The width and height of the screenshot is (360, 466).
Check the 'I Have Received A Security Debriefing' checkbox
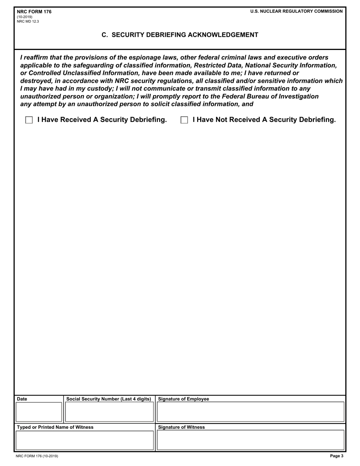click(x=29, y=120)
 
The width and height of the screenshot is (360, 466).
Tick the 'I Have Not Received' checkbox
click(x=184, y=120)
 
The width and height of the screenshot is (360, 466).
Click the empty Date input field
click(x=38, y=412)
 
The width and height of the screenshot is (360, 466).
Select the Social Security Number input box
click(x=109, y=412)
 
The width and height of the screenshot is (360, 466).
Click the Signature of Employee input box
click(x=250, y=412)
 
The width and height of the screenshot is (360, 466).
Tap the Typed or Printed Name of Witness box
click(x=84, y=440)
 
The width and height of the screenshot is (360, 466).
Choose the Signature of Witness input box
click(x=250, y=440)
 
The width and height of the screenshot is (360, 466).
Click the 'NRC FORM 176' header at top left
click(x=34, y=12)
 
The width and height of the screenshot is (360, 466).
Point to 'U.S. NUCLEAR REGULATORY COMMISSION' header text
click(x=296, y=11)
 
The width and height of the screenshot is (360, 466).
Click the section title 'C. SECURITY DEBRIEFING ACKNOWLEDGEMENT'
click(x=180, y=35)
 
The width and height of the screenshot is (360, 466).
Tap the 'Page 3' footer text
click(x=337, y=456)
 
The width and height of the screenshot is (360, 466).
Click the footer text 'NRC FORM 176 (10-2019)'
click(x=37, y=456)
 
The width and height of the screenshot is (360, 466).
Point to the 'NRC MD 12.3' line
click(x=28, y=22)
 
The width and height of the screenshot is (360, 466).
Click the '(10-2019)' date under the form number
click(x=25, y=17)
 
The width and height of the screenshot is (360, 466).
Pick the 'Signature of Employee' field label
click(x=183, y=399)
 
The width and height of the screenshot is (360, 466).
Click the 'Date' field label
click(x=22, y=399)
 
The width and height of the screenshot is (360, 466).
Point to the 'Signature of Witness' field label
click(x=181, y=427)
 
